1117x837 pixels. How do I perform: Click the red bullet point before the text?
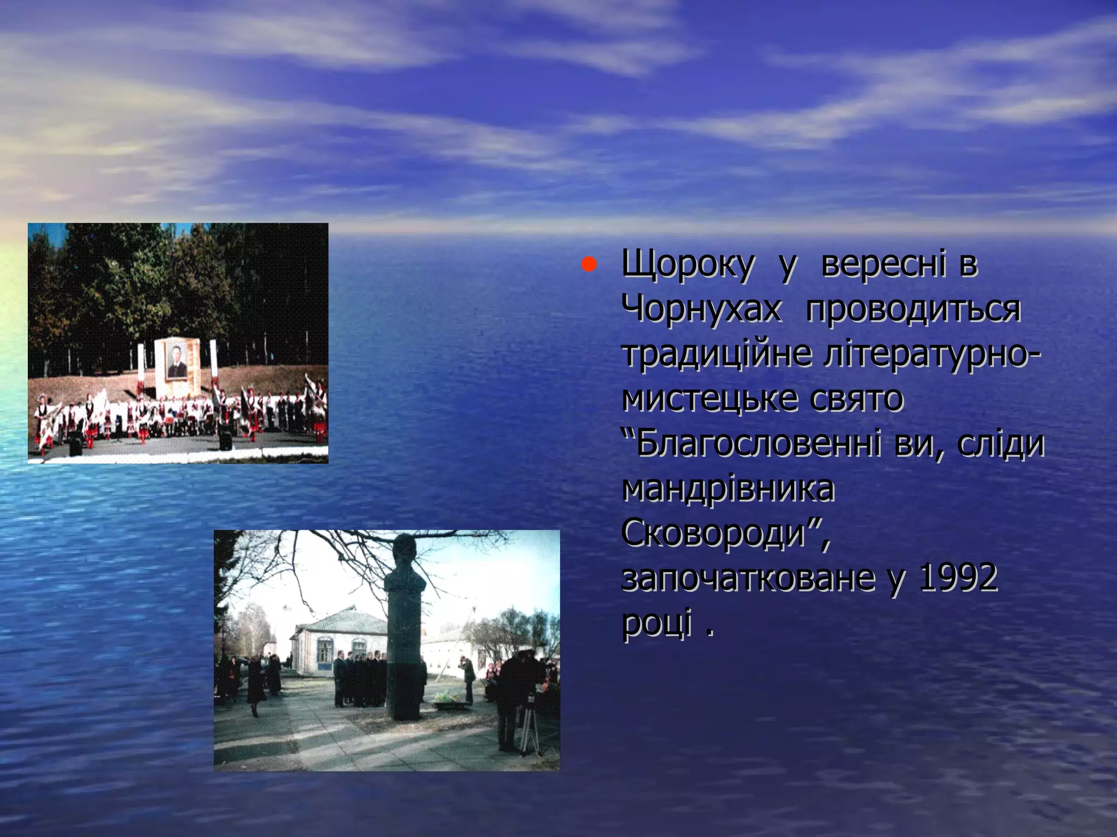click(587, 265)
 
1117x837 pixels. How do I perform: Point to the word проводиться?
click(912, 310)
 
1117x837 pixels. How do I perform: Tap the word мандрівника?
click(728, 488)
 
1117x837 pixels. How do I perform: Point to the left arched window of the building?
click(325, 651)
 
